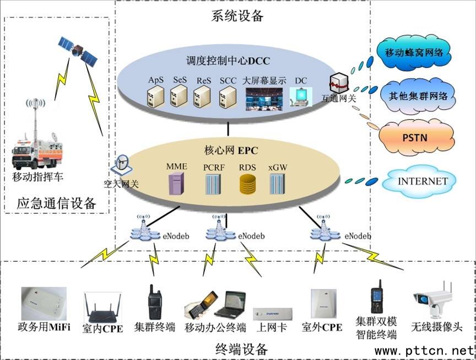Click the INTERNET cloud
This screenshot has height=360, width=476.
tap(423, 181)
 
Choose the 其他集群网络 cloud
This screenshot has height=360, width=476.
tap(419, 95)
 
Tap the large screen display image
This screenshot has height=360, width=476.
tap(264, 97)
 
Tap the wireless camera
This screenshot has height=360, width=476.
tap(433, 300)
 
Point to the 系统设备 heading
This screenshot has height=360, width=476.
tap(237, 16)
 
